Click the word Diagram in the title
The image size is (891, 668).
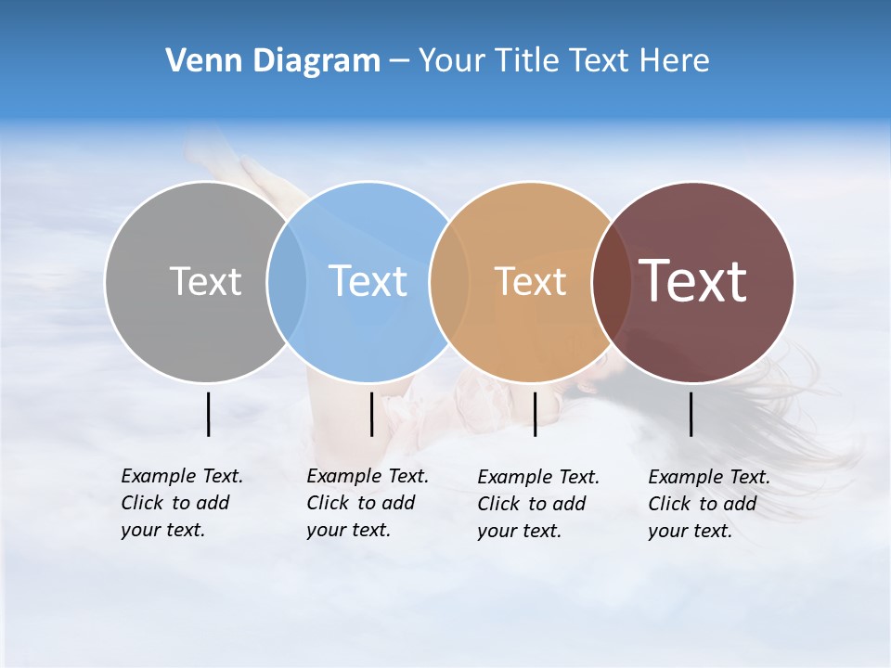[x=316, y=61]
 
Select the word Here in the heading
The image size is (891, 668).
[x=675, y=61]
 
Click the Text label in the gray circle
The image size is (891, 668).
[x=205, y=281]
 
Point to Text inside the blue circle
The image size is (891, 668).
[x=368, y=281]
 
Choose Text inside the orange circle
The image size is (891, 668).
[x=530, y=281]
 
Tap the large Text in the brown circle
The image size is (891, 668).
[x=693, y=281]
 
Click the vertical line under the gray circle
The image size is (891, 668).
[x=208, y=414]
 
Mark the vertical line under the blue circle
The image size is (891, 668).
[x=371, y=414]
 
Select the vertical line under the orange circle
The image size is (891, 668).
[x=535, y=414]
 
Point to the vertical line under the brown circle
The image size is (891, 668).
[x=691, y=414]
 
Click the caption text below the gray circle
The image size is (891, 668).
[x=182, y=503]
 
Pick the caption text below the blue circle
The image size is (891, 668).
[x=368, y=503]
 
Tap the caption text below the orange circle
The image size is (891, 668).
[x=538, y=504]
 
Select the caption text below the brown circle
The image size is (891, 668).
[x=709, y=504]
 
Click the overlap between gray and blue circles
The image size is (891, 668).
[x=287, y=281]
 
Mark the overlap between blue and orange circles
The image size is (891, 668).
[x=449, y=281]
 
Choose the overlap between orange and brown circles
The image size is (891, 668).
[x=612, y=281]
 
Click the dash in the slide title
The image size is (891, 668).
[x=399, y=61]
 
